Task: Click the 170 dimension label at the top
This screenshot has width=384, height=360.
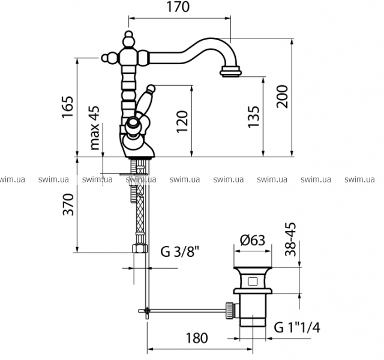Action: pos(178,7)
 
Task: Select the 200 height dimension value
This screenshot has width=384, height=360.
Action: pos(282,97)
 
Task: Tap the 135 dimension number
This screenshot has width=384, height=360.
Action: pos(253,117)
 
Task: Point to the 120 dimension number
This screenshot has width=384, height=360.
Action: pos(182,122)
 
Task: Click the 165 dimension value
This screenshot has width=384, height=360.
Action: pos(68,107)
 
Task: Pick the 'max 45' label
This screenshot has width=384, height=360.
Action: pos(95,128)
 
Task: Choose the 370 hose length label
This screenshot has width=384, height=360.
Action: pos(68,205)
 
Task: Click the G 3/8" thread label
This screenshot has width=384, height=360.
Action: pos(180,251)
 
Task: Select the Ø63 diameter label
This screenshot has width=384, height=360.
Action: pos(253,240)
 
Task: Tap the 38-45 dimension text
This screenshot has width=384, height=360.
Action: pos(290,239)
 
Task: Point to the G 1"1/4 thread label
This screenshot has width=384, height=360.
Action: pos(297,327)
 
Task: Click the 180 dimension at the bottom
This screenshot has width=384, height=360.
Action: pos(197,338)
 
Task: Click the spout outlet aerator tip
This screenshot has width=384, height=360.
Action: pos(230,72)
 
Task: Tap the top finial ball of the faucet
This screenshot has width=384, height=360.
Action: pos(128,35)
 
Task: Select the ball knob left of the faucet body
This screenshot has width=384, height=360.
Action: pos(106,58)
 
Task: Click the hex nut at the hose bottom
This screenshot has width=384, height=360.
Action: pos(140,248)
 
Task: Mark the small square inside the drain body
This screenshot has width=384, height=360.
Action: pos(253,281)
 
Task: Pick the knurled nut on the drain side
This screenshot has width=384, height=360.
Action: pos(229,311)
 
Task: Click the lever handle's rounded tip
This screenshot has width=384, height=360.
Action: pos(151,88)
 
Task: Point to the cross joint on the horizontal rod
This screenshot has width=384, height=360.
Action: pos(146,311)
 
